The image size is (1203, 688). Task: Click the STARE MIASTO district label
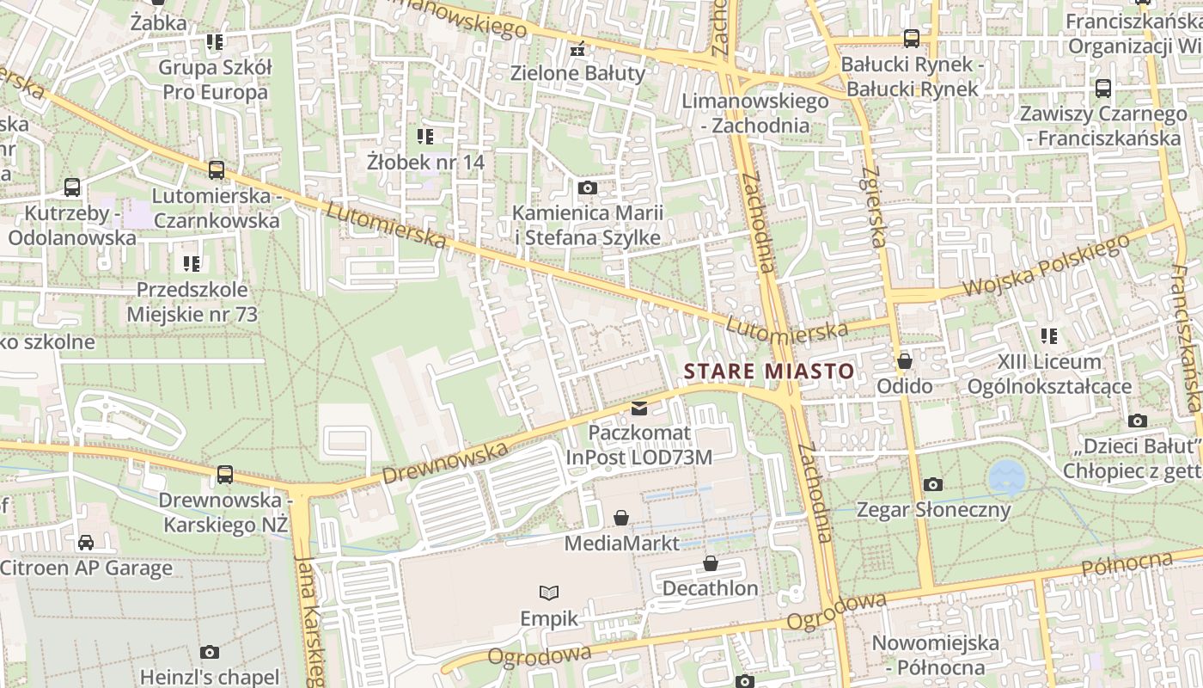[x=769, y=372]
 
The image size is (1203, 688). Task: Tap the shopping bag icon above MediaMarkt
[x=621, y=518]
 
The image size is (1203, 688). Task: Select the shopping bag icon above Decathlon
[x=711, y=563]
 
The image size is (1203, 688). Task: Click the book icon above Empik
[x=548, y=593]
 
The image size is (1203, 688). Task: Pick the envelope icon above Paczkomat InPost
[x=639, y=408]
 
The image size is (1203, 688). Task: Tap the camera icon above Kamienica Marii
[x=588, y=187]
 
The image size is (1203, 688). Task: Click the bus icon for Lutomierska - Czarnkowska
[x=217, y=170]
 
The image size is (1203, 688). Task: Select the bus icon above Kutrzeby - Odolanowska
[x=72, y=187]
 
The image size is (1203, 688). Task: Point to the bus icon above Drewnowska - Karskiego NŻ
[x=225, y=474]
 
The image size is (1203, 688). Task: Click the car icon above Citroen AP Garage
[x=86, y=543]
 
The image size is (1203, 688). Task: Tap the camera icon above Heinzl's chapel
[x=210, y=652]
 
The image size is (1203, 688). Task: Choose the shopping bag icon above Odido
[x=905, y=361]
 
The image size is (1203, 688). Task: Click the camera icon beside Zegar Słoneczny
[x=933, y=485]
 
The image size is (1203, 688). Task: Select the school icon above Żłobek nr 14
[x=425, y=136]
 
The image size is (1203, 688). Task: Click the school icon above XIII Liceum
[x=1048, y=336]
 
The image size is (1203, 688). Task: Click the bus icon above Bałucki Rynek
[x=911, y=39]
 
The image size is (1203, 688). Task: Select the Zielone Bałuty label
[x=577, y=73]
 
